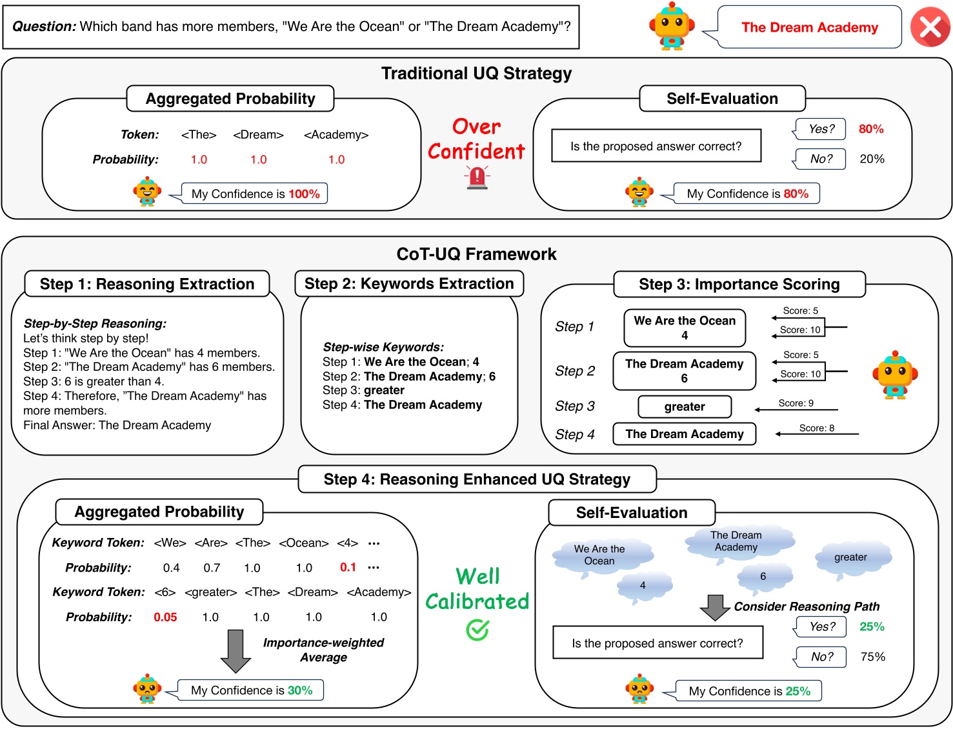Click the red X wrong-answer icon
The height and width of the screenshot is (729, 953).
coord(930,28)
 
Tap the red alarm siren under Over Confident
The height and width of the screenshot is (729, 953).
coord(477,177)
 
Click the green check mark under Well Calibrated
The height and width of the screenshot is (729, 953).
coord(477,630)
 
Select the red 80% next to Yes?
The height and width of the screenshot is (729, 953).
coord(870,129)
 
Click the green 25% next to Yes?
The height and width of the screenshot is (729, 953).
coord(871,626)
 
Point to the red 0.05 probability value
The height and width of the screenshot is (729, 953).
coord(165,617)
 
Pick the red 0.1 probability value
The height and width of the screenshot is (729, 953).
coord(348,567)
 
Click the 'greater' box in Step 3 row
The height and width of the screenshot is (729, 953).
coord(684,406)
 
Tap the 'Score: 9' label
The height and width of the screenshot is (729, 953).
coord(796,403)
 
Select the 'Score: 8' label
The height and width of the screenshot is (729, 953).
coord(816,428)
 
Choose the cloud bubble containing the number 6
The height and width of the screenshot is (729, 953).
coord(763,577)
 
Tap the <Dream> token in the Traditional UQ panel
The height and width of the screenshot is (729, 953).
coord(258,135)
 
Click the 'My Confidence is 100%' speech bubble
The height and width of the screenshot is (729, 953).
coord(255,194)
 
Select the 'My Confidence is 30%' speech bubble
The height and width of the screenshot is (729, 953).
coord(250,690)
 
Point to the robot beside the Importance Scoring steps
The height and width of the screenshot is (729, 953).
coord(894,375)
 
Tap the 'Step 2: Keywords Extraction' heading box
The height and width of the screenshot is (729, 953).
coord(409,284)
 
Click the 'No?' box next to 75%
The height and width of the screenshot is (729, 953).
coord(821,657)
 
